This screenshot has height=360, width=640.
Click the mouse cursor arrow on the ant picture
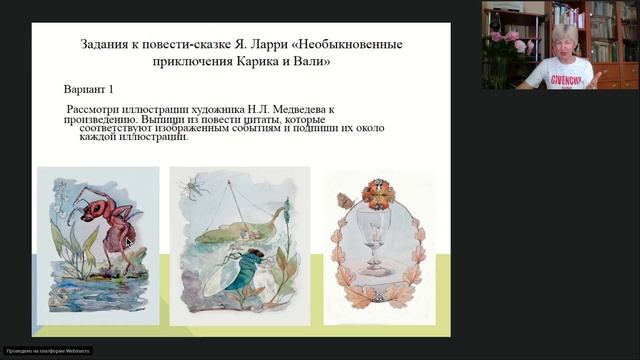[127, 241]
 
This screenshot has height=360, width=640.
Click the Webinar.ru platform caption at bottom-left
[48, 351]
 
